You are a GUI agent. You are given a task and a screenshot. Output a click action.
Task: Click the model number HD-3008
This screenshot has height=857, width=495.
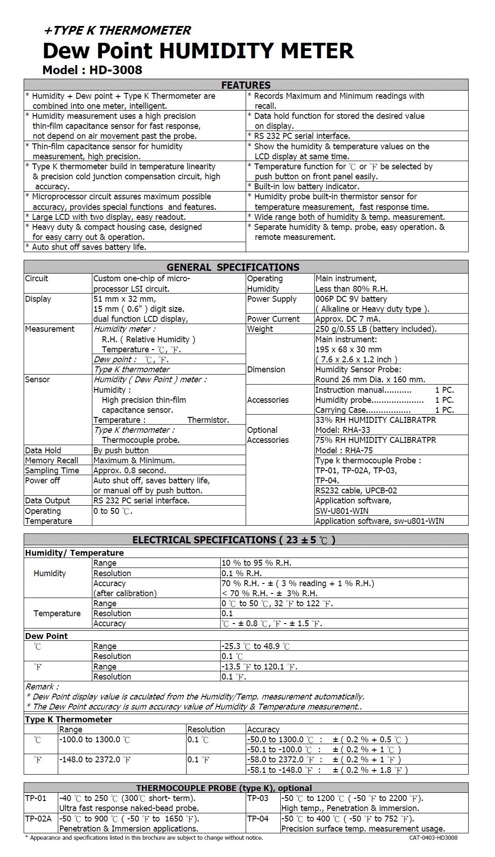[116, 70]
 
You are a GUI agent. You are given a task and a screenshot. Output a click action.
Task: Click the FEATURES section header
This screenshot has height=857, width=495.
[246, 85]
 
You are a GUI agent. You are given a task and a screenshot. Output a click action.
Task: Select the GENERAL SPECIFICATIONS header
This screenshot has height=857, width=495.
[233, 267]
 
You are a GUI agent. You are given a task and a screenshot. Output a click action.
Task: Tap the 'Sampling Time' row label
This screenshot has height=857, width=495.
[52, 471]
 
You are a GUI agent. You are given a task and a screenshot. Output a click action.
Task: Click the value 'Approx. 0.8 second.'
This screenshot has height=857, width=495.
[130, 471]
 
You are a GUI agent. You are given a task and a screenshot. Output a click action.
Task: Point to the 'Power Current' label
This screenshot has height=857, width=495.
[273, 319]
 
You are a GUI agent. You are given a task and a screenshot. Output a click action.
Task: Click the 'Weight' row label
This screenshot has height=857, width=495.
[260, 329]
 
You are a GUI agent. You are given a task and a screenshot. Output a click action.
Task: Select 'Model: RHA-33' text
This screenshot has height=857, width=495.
[343, 430]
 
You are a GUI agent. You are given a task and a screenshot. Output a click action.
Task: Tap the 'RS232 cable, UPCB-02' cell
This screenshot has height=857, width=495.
[356, 491]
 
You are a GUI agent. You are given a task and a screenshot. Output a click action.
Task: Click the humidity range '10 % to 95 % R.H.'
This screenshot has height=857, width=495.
[256, 563]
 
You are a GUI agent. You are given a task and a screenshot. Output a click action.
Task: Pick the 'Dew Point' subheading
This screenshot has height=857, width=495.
[46, 636]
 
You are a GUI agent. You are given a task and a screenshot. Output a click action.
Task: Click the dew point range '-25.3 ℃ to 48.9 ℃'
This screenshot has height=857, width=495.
[255, 646]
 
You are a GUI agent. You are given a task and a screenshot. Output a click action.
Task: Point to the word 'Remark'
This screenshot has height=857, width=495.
[41, 687]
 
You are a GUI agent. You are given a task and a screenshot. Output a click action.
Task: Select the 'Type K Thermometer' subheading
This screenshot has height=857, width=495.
[68, 720]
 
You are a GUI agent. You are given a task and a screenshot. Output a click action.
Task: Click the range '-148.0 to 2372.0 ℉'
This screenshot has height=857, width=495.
[95, 760]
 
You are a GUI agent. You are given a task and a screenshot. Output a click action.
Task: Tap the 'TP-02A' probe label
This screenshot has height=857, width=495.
[38, 819]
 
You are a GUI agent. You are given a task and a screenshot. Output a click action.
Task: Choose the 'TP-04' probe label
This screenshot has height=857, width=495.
[258, 819]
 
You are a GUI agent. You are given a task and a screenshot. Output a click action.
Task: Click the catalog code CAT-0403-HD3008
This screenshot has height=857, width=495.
[433, 838]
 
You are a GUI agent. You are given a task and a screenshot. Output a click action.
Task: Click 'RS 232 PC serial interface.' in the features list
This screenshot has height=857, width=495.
[302, 136]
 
